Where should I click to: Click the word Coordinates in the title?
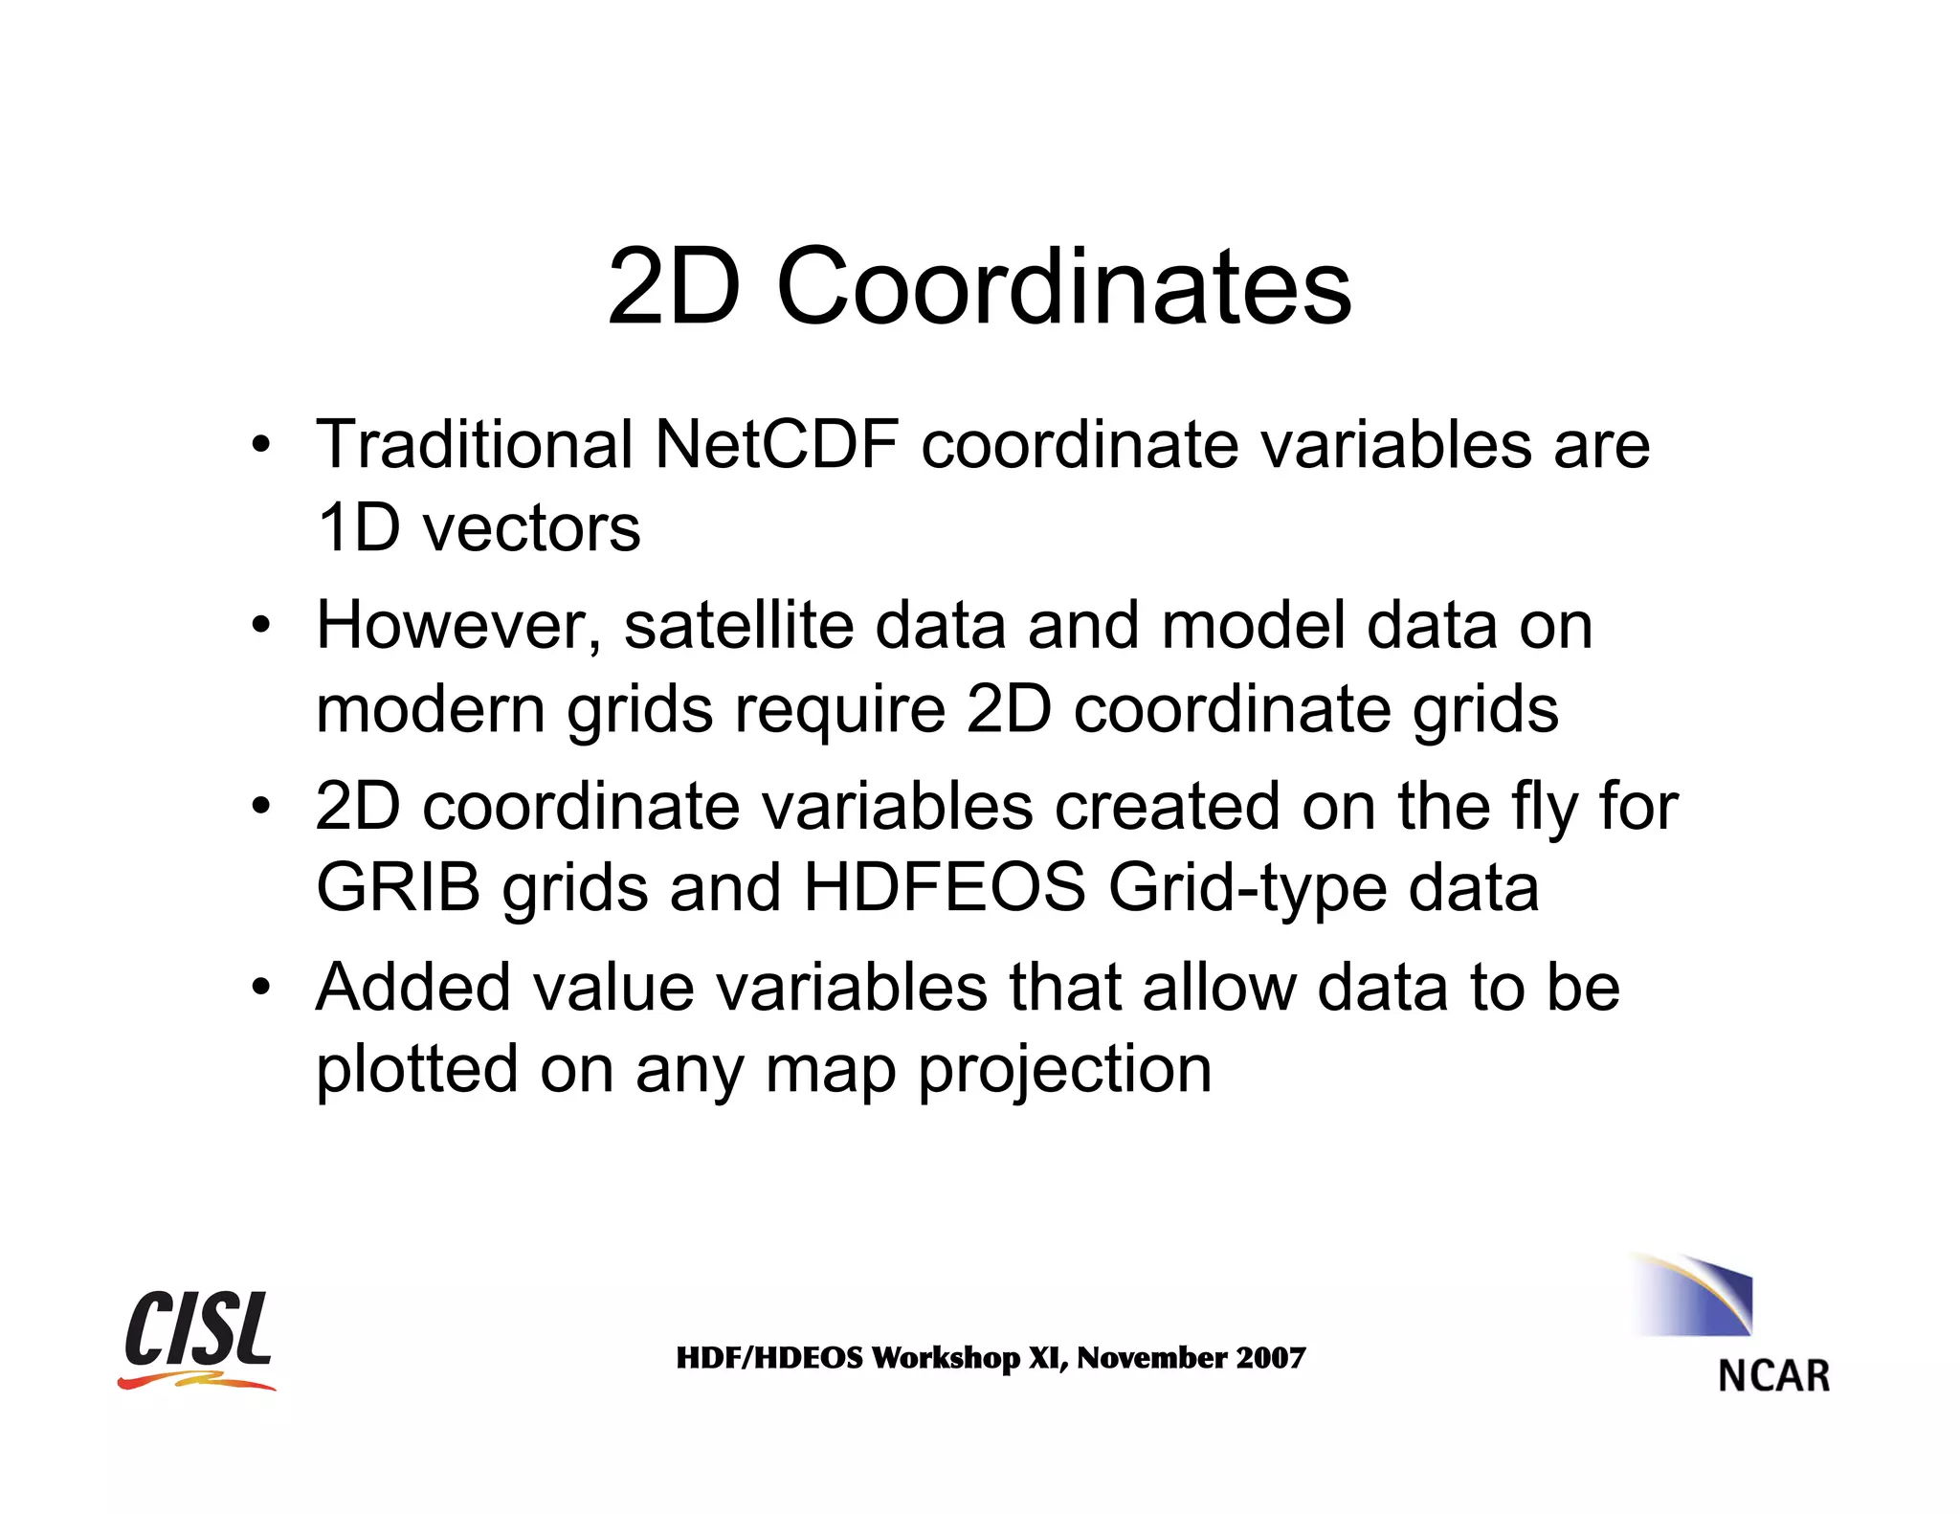point(1063,286)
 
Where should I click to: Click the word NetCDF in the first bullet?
point(776,445)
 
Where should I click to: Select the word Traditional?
point(474,445)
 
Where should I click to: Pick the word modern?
point(430,709)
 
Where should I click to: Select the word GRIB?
point(398,888)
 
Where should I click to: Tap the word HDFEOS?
point(944,888)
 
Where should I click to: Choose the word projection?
point(1065,1070)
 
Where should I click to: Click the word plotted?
point(417,1070)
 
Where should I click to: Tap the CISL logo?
point(198,1338)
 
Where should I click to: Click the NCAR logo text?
point(1773,1376)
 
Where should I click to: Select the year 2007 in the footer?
point(1270,1358)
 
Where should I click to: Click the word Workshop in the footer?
point(946,1358)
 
